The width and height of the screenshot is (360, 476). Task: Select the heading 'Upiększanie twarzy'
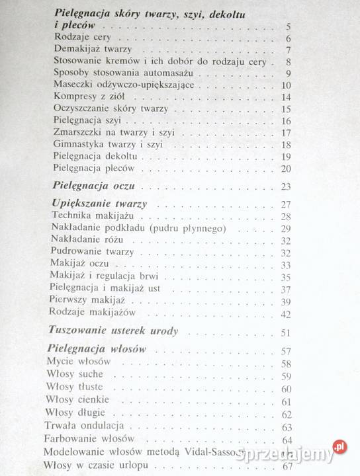98,204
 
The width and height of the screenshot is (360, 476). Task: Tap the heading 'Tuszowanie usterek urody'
114,331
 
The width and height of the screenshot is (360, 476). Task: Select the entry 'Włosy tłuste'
76,389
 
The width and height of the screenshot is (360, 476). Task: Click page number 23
286,187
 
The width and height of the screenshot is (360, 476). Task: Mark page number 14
286,97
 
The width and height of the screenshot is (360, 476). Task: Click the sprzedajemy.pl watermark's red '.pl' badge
339,447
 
